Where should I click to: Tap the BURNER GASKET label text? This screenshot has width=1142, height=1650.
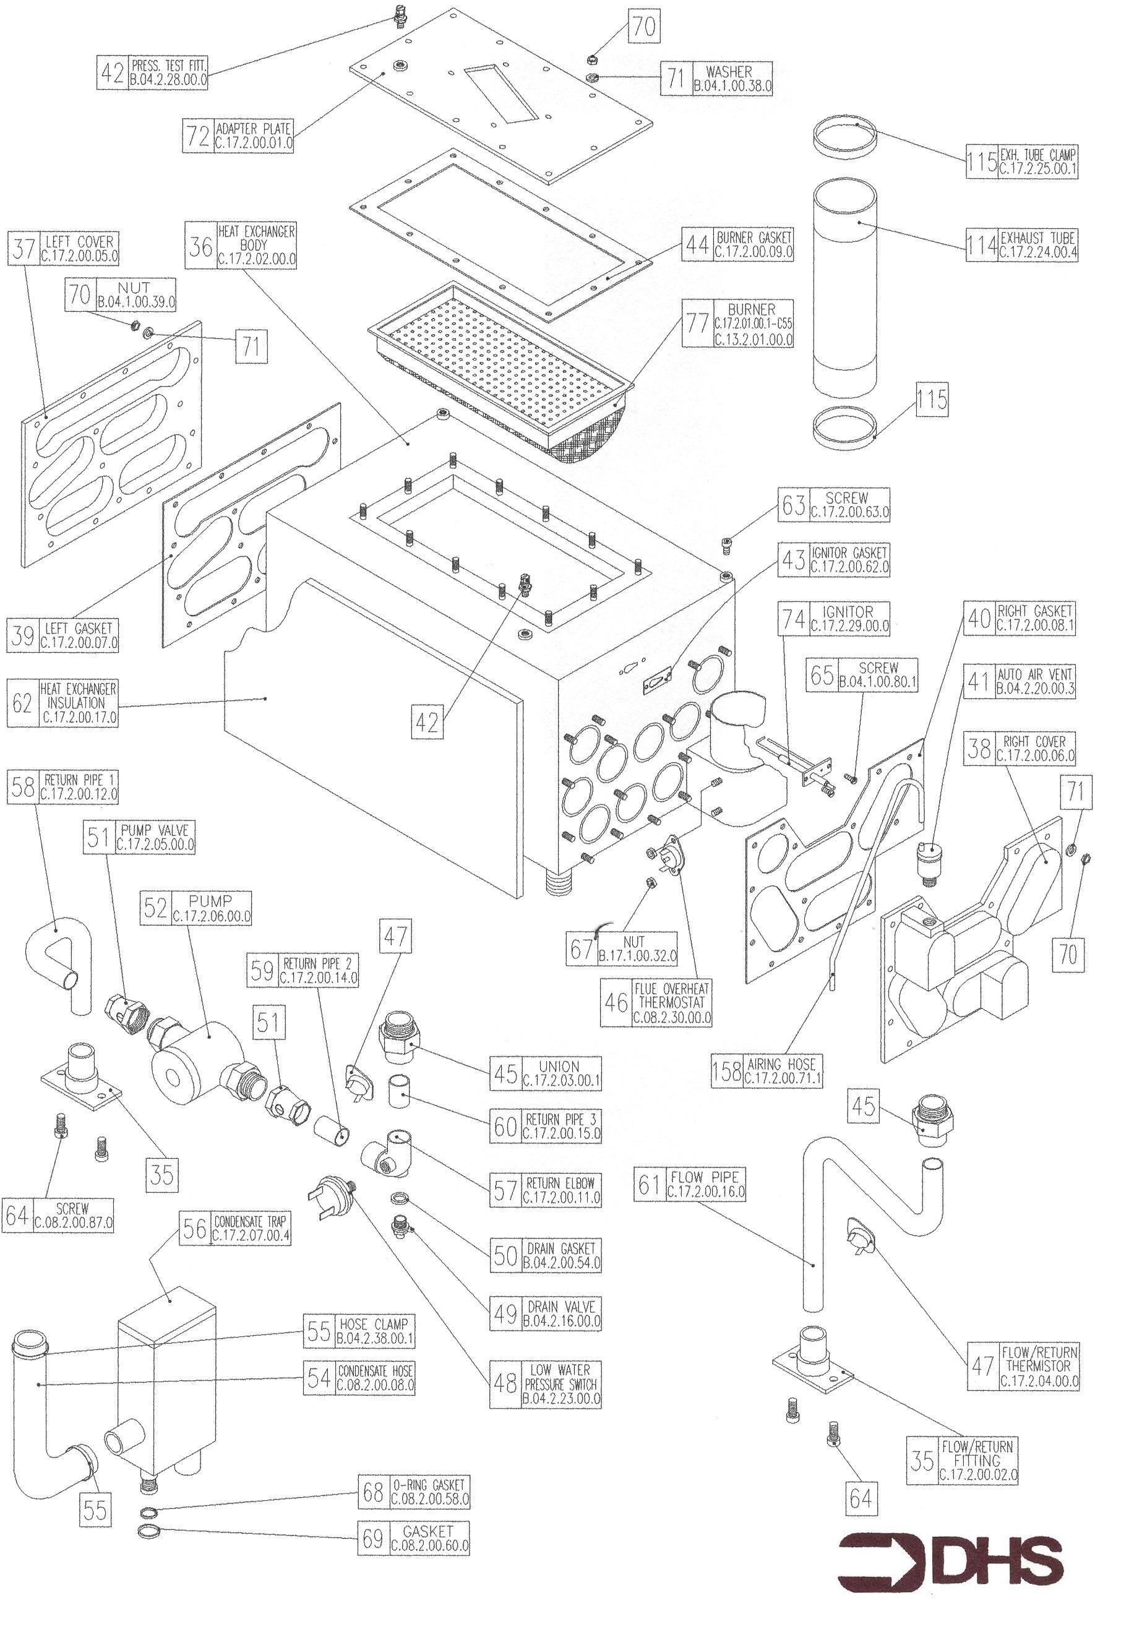pyautogui.click(x=754, y=238)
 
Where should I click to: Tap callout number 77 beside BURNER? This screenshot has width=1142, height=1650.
pyautogui.click(x=697, y=324)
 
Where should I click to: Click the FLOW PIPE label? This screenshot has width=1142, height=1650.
pyautogui.click(x=705, y=1176)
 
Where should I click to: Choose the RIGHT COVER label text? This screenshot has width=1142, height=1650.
pyautogui.click(x=1035, y=741)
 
